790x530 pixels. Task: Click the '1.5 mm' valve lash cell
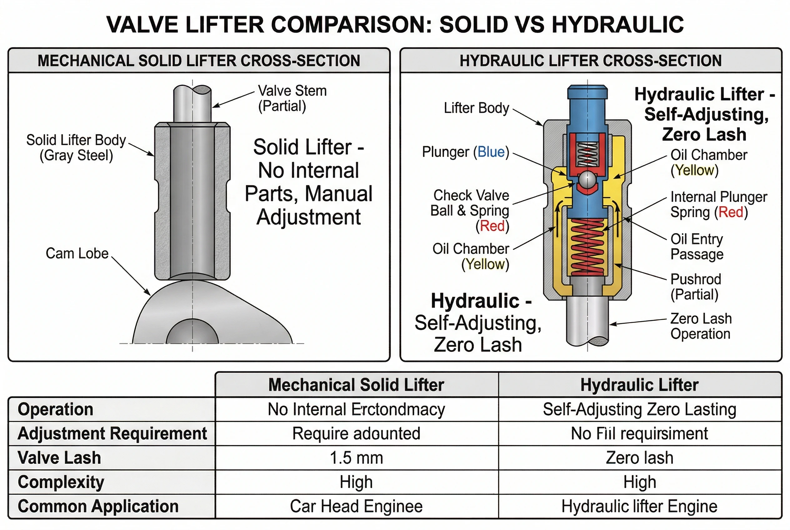coord(356,458)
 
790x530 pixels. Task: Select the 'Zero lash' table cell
coord(639,458)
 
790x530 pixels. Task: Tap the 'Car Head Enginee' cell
coord(356,506)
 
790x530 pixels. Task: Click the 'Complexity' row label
coord(61,482)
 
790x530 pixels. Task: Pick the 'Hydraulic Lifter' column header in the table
coord(639,385)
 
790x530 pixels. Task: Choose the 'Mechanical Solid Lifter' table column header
coord(356,385)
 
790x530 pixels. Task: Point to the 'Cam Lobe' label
coord(77,253)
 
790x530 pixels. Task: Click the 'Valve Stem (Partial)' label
coord(292,98)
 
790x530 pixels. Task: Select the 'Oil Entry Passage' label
coord(697,247)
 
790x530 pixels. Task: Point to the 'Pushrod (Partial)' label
coord(696,287)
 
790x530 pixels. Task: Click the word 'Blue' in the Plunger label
coord(491,152)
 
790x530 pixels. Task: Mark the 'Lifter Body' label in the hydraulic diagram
coord(476,108)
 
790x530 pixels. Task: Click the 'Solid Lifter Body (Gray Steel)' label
coord(76,148)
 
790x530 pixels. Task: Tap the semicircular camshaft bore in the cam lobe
coord(192,333)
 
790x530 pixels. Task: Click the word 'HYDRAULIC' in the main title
coord(618,25)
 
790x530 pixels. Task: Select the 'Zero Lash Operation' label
coord(701,326)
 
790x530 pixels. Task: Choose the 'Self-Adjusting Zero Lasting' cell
coord(639,409)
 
